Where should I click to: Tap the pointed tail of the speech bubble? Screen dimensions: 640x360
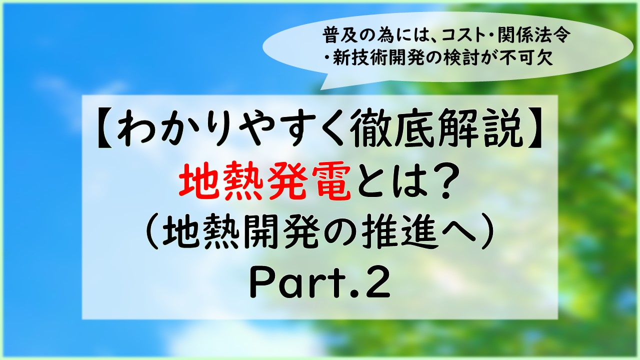click(320, 89)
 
